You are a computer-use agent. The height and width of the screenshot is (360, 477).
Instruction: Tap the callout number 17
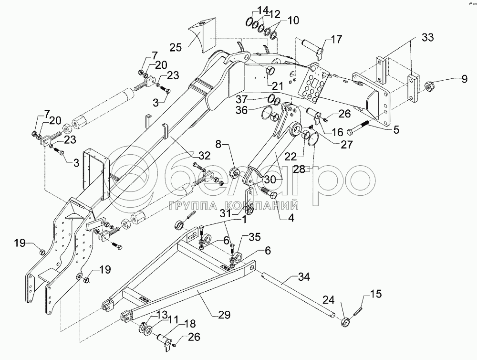click(336, 40)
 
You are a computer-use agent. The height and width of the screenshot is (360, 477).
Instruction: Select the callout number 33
click(427, 38)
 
